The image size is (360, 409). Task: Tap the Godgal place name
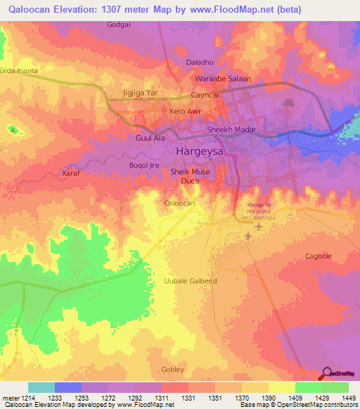point(119,25)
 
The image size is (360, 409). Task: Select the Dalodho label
point(199,63)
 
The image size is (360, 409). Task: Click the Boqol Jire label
point(144,166)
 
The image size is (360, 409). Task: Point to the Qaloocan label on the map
point(179,202)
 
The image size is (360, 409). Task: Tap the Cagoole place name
point(318,257)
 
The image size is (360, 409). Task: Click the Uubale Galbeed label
point(190,281)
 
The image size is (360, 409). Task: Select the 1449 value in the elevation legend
point(348,398)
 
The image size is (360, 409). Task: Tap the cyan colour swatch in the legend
point(41,387)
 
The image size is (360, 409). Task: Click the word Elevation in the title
point(72,9)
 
